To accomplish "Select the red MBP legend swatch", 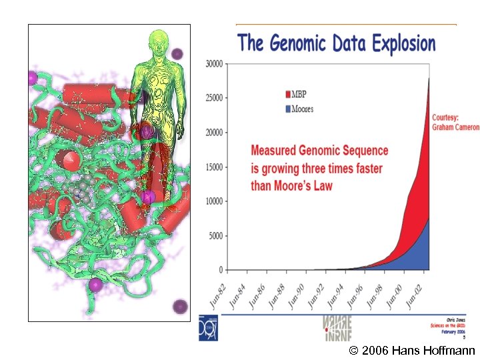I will click(x=288, y=94).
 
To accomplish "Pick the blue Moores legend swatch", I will click(x=288, y=108).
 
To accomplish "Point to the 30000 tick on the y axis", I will click(x=214, y=64).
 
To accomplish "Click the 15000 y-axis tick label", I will click(x=214, y=167).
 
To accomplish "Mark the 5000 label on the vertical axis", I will click(x=216, y=236).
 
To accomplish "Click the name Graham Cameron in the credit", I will click(x=456, y=127).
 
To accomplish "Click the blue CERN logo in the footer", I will click(x=210, y=327).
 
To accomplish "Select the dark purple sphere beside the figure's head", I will click(x=177, y=53).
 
